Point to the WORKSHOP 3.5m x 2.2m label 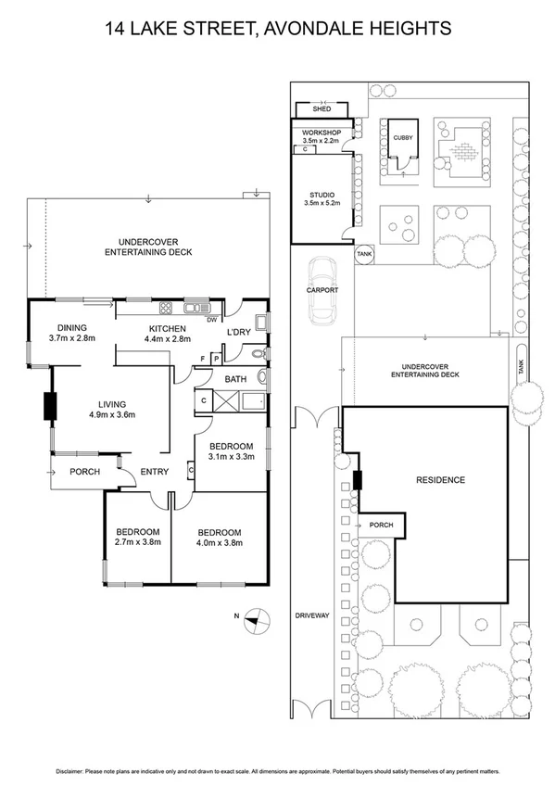322,137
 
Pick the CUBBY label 402,137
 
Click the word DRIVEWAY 312,615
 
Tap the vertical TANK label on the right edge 522,367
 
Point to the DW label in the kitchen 211,320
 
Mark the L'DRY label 240,332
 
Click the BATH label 234,378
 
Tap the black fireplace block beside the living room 48,407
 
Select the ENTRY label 154,472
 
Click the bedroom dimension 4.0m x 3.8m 220,543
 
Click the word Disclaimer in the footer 71,770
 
